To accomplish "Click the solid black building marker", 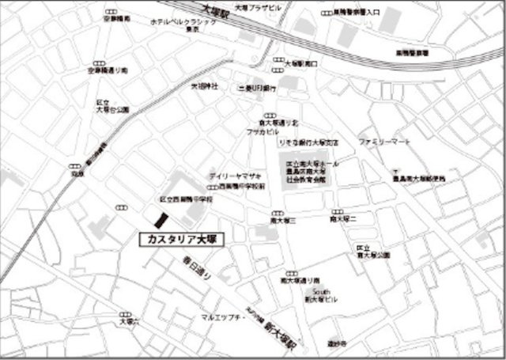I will pyautogui.click(x=160, y=219).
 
